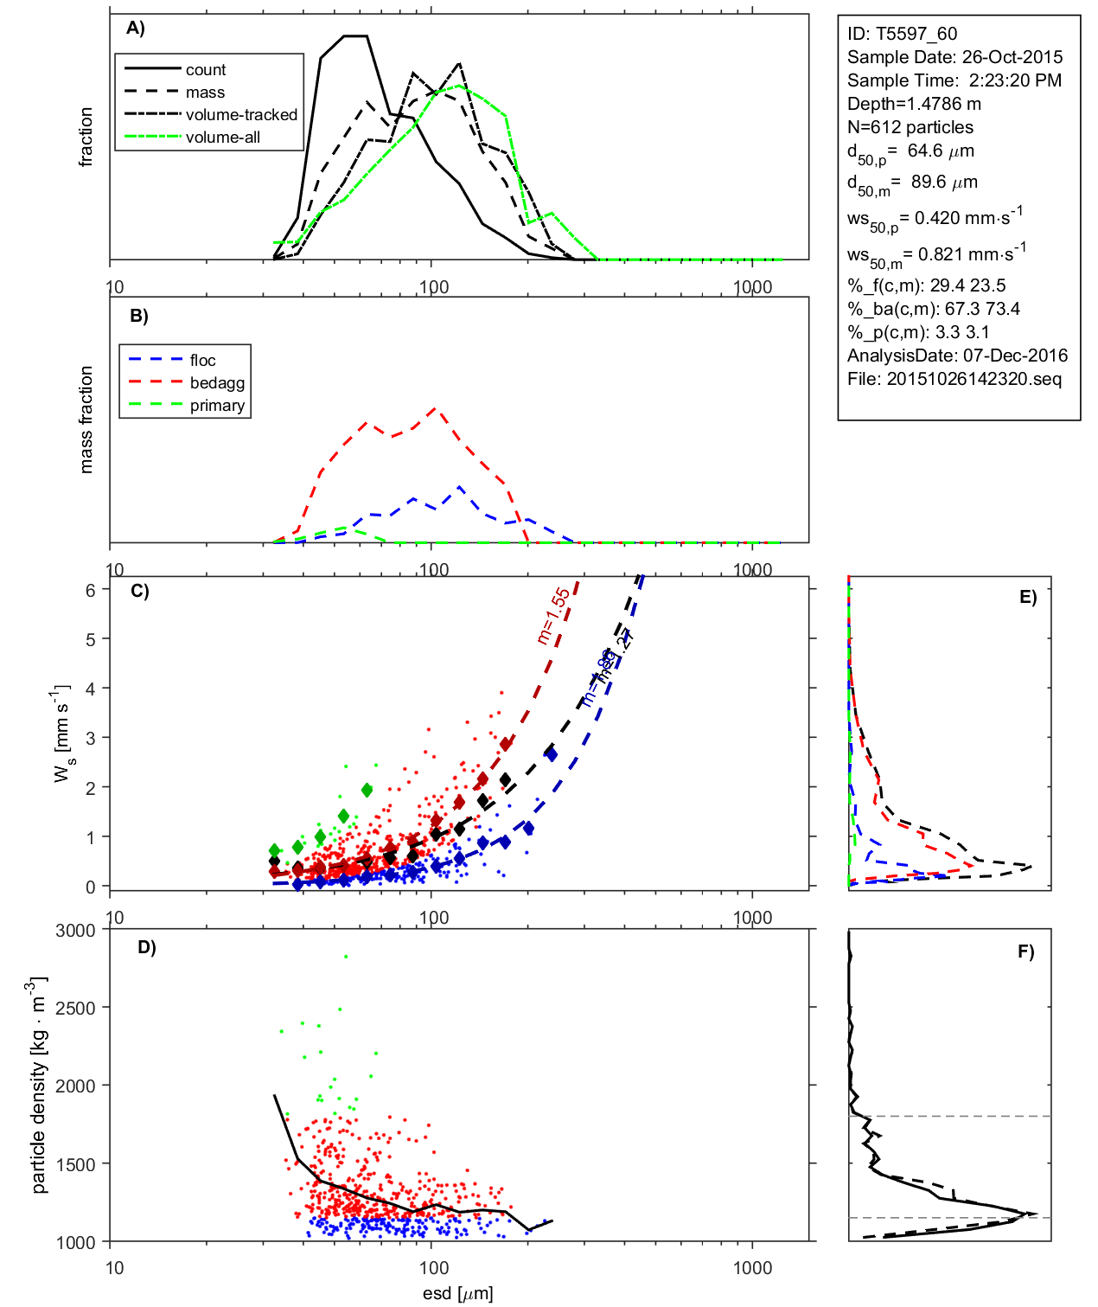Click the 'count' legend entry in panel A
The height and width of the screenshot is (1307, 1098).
205,70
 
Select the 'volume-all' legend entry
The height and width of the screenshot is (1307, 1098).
222,138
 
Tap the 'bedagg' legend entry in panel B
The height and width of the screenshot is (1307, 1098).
217,383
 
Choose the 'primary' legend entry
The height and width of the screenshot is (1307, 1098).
217,406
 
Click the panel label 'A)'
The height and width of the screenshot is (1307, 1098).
136,29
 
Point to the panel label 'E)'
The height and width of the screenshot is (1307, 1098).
1027,597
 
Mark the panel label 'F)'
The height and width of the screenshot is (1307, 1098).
1025,951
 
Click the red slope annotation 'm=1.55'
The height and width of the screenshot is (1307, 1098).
552,616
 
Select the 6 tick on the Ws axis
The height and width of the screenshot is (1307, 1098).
90,590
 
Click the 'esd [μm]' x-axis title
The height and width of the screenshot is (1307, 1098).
457,1293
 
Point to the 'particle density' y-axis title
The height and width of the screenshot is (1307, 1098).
39,1086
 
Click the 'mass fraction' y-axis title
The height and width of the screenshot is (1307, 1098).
86,420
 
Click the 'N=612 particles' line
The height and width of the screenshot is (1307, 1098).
910,127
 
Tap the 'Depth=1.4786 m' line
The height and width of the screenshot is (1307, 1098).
914,104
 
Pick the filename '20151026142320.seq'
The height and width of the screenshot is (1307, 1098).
974,379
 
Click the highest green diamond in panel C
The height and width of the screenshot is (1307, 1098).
367,790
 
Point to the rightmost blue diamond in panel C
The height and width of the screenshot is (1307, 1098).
551,754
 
